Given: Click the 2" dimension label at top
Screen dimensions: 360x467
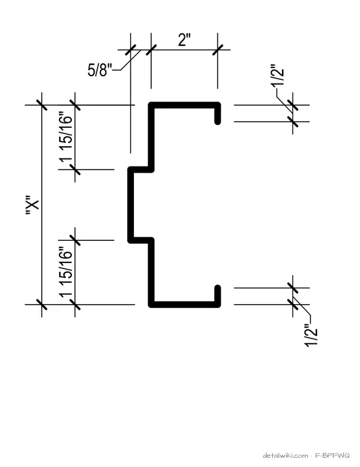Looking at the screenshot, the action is point(184,40).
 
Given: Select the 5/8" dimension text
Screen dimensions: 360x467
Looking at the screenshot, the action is point(100,70).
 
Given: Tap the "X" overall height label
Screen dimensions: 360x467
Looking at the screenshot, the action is point(33,205).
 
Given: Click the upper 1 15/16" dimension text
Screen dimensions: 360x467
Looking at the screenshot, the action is point(66,136).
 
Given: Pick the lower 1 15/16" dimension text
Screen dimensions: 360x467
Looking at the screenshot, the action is point(66,272).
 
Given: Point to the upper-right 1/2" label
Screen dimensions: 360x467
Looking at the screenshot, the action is point(278,75).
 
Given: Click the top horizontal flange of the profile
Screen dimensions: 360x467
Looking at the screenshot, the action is point(185,105).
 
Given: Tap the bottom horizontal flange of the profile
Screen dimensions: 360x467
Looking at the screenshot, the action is point(185,304).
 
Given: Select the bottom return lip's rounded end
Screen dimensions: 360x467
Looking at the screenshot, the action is point(217,288).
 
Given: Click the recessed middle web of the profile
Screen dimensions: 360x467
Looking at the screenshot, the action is point(130,205).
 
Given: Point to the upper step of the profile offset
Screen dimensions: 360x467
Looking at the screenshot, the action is point(141,170).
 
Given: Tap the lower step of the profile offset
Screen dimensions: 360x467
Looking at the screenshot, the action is point(141,240).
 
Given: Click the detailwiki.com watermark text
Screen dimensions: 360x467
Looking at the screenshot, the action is point(285,455).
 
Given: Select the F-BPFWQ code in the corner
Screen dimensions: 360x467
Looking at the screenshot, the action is point(332,455).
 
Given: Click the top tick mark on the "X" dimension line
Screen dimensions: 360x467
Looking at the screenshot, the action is point(42,105).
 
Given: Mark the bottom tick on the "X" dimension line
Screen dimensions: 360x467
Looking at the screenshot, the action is point(42,305).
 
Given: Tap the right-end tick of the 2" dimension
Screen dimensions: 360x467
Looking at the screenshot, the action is point(217,50).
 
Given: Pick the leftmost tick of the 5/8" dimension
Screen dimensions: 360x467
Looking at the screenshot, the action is point(130,50).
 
